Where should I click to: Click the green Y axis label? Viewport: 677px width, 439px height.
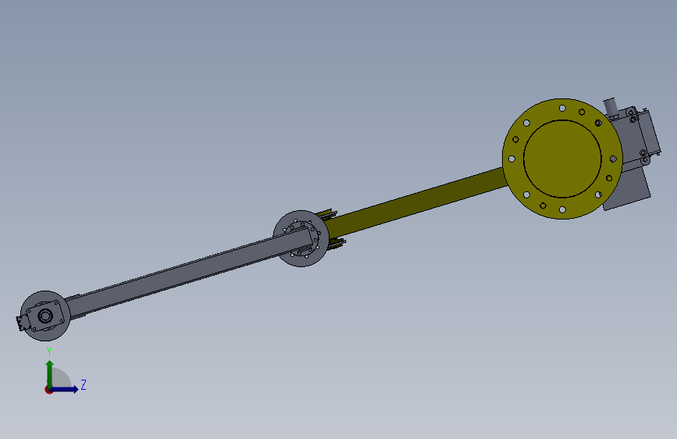coord(49,352)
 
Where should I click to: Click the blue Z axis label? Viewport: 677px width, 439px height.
coord(84,384)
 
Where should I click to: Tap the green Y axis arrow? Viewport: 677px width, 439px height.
coord(50,375)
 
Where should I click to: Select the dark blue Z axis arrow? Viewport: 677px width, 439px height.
coord(63,389)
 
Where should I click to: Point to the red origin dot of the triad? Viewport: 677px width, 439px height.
coord(48,390)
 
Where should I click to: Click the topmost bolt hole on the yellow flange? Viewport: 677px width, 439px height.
coord(562,108)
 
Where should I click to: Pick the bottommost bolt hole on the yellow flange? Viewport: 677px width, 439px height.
coord(562,209)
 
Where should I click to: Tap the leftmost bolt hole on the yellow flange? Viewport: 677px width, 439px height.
coord(511,159)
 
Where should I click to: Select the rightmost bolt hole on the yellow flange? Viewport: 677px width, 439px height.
coord(613,159)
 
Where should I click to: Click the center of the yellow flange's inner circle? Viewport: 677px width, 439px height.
coord(562,159)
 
